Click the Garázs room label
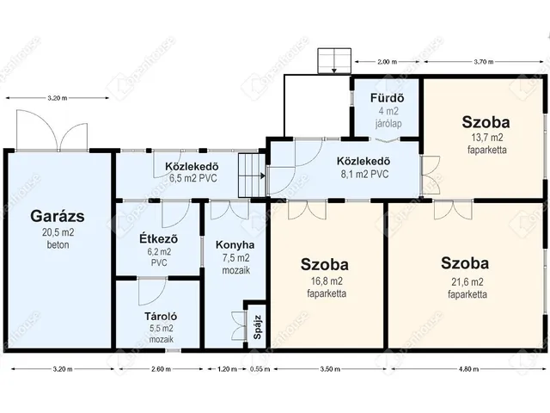pos(58,216)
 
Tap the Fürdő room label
pos(388,97)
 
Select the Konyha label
pos(235,244)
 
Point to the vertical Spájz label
pos(258,327)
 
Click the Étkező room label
pos(158,239)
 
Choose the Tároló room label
pos(161,317)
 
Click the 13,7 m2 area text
pos(487,138)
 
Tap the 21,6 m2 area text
pos(467,281)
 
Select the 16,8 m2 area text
pos(327,281)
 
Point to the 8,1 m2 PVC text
pos(364,174)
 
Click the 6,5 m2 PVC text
pos(193,178)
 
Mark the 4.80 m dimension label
pos(470,369)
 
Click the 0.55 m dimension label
pos(260,369)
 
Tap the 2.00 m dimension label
pos(388,62)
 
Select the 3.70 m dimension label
pos(484,62)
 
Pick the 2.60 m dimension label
pos(161,369)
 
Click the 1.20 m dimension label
pos(227,369)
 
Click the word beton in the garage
pos(58,244)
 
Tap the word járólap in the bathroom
pos(388,124)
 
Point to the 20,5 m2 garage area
pos(58,232)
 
